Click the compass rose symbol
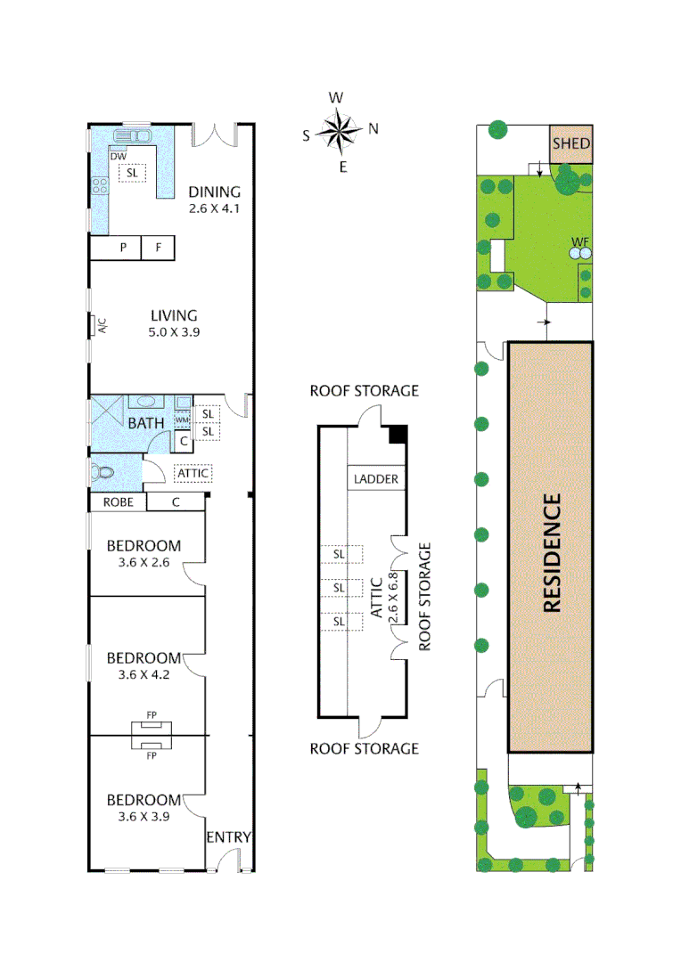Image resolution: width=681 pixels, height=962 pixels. [339, 131]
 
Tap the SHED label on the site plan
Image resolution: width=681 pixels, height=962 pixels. [570, 143]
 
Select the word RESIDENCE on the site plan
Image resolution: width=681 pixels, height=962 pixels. [552, 552]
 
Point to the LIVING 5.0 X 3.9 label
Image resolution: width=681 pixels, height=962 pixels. [173, 322]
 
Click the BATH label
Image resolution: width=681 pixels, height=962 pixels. [145, 422]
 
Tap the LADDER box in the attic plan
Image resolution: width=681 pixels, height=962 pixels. [375, 479]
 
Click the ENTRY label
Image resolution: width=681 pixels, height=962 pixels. [229, 837]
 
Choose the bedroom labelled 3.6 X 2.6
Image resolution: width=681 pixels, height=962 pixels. [144, 553]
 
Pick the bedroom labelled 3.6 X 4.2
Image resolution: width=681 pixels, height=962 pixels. [144, 665]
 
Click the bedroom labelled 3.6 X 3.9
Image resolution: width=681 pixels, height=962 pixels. [144, 807]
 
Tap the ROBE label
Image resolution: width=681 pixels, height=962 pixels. [118, 502]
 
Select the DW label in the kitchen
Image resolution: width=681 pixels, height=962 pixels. [118, 157]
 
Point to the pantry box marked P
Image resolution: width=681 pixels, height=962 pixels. [123, 248]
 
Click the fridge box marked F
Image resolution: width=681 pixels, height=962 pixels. [158, 248]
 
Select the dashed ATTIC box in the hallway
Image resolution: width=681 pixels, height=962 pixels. [193, 474]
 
